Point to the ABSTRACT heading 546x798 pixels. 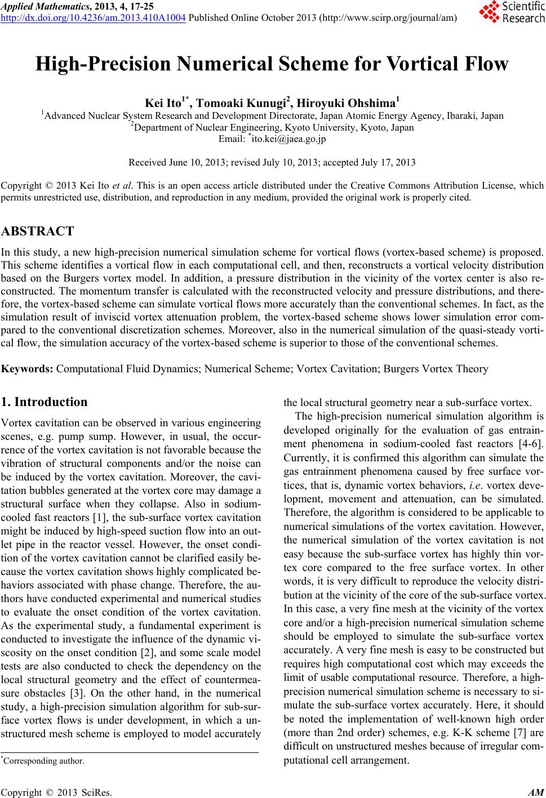click(x=38, y=231)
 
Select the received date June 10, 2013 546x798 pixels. click(x=195, y=163)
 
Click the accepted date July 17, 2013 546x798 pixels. click(x=388, y=163)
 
